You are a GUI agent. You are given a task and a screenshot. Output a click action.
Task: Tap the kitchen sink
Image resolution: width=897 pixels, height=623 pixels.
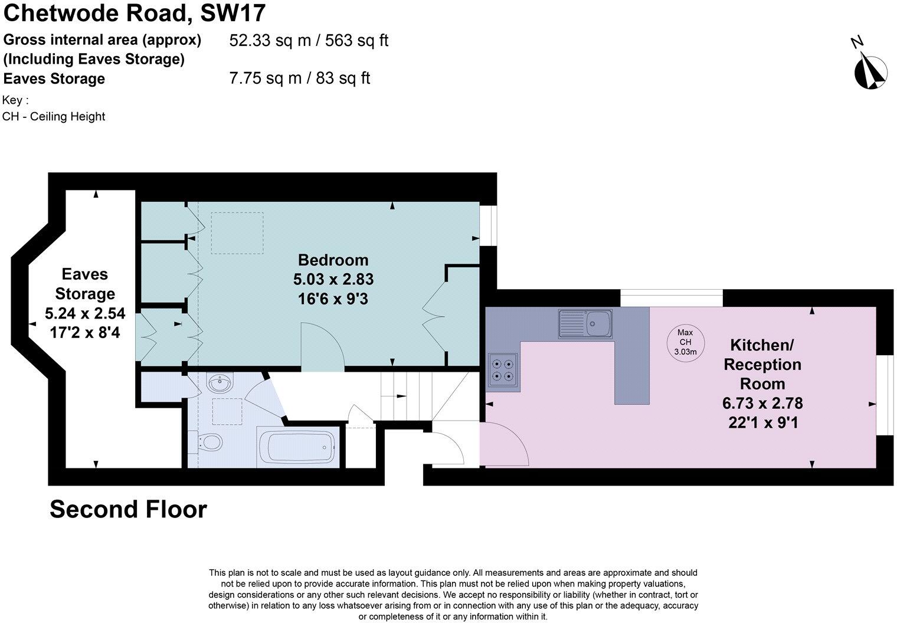(585, 323)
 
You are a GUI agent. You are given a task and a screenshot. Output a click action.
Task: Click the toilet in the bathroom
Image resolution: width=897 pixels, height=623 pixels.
(208, 441)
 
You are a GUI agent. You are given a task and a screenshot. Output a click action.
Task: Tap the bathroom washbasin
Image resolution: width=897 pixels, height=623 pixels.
(220, 385)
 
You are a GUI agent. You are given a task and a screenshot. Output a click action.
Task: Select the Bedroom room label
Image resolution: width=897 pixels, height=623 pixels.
(333, 260)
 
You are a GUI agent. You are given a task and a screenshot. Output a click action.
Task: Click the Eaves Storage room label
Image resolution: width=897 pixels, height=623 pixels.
(85, 284)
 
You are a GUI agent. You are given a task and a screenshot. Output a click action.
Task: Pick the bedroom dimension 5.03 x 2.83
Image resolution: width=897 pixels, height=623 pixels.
(333, 279)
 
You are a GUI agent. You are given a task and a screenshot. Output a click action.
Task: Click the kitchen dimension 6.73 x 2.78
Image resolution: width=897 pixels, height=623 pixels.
(762, 404)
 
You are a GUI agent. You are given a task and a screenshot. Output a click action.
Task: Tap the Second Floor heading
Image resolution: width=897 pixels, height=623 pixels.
(128, 509)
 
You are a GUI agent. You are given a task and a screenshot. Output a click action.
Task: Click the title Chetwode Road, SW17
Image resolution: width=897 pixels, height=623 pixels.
(135, 13)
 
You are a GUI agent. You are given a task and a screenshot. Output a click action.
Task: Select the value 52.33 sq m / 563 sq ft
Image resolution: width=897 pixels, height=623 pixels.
(308, 41)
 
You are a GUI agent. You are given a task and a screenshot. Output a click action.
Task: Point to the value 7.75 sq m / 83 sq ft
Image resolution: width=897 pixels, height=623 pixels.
(299, 78)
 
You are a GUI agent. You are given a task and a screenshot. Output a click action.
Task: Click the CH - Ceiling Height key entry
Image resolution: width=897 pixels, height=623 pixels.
(54, 117)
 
